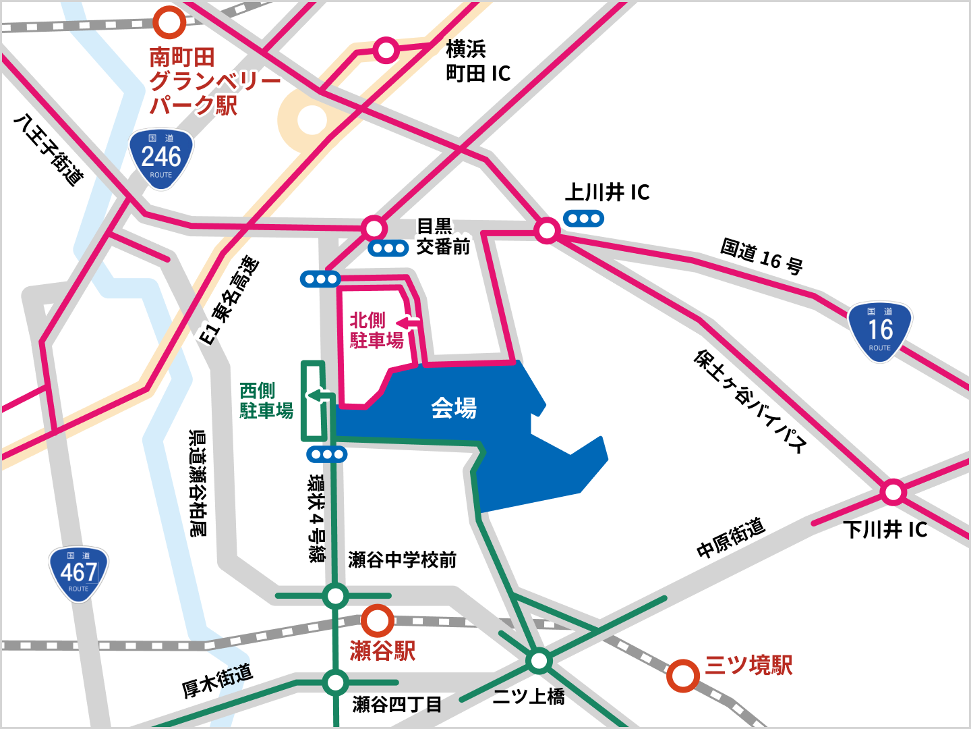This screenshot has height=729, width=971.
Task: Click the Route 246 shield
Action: point(161,158)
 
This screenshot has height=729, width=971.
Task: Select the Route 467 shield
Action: point(79,573)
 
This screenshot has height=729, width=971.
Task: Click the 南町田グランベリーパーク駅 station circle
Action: point(169,22)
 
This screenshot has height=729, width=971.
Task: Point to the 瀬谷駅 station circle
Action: point(377,620)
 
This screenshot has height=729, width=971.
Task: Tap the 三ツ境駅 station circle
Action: point(682,675)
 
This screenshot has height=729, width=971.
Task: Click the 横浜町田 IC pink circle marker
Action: point(386,50)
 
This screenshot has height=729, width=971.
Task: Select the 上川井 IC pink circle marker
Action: point(547,231)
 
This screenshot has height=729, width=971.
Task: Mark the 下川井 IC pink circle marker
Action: point(893,492)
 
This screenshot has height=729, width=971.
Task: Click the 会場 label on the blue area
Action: point(454,408)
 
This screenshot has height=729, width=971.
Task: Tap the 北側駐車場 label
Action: point(376,330)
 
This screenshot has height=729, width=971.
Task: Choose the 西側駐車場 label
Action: point(266,400)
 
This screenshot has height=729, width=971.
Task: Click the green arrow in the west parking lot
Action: point(318,396)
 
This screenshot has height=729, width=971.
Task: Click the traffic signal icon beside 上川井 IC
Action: point(584,218)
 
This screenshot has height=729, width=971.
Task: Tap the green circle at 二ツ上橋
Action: point(539,660)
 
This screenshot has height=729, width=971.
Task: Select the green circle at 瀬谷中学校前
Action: point(335,595)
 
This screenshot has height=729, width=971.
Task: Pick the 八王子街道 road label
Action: point(49,150)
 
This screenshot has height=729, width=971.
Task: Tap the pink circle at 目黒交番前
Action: point(374,227)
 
